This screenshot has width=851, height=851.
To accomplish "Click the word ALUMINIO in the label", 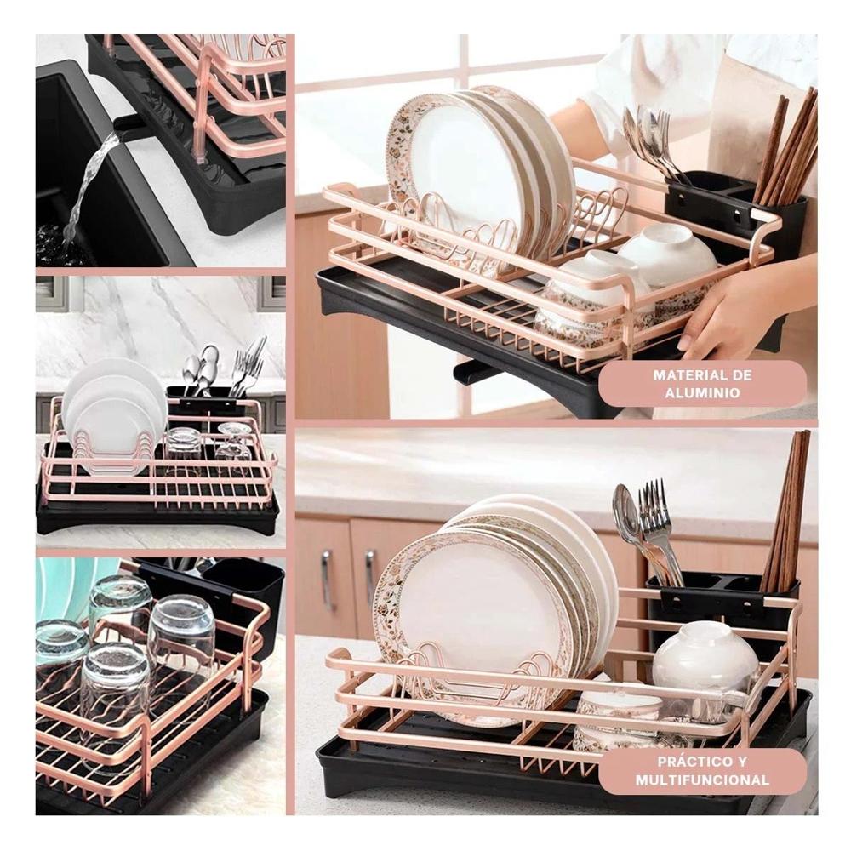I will point(702,393).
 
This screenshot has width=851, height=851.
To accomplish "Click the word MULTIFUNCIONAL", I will point(702,780).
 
